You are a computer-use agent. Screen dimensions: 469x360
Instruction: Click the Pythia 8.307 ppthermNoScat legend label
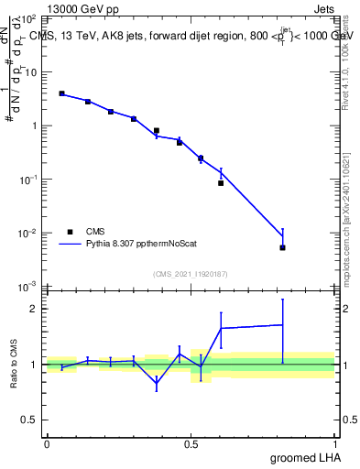pos(141,245)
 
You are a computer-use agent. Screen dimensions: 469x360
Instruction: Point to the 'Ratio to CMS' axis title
pos(15,365)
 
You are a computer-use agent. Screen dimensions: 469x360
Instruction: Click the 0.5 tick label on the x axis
pos(191,443)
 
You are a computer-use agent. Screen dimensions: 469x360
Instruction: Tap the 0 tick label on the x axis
pos(47,443)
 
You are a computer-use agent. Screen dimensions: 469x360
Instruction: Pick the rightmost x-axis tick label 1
pos(334,443)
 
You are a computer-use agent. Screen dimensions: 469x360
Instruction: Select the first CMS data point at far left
pos(61,93)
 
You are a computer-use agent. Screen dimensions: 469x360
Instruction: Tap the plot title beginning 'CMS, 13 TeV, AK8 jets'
pos(192,36)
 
